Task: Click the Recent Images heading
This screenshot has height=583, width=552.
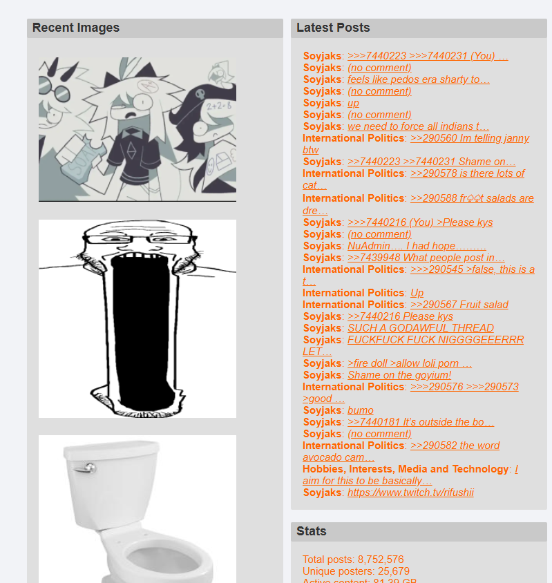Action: (x=76, y=28)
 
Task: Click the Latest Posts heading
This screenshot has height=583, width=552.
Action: (x=333, y=28)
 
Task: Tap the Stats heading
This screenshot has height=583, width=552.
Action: (x=312, y=531)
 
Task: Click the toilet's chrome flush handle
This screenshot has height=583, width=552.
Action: (x=85, y=468)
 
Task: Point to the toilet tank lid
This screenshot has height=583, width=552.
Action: (x=112, y=450)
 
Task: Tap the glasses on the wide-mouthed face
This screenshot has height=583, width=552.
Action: (x=140, y=239)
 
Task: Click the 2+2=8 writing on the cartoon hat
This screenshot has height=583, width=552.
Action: (x=219, y=106)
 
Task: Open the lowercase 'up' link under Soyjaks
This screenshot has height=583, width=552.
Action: (x=353, y=103)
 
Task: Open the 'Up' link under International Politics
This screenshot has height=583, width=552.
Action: (x=417, y=293)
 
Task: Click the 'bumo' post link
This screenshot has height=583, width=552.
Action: (x=361, y=410)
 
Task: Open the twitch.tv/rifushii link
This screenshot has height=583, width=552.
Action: (x=410, y=493)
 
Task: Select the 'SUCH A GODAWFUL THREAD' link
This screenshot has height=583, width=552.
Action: (x=421, y=328)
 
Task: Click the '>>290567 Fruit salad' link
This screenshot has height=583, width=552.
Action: (x=459, y=305)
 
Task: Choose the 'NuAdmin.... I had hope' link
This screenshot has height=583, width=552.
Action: (x=417, y=246)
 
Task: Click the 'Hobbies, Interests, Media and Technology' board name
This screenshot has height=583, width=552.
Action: (x=406, y=469)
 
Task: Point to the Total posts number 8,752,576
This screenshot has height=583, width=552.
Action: (x=381, y=560)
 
